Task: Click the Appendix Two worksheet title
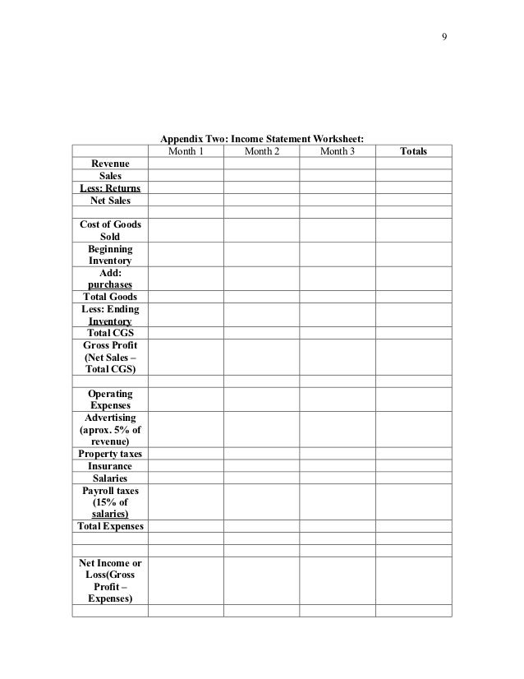(262, 138)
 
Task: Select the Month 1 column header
(186, 151)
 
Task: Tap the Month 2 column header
(261, 151)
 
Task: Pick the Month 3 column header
(337, 151)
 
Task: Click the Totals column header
(413, 151)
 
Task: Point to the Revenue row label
(110, 164)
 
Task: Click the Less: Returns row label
(110, 187)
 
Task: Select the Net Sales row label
(110, 200)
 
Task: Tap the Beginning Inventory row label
(110, 255)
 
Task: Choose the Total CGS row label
(110, 333)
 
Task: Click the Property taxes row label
(110, 454)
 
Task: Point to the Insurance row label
(110, 466)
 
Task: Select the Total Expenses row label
(110, 526)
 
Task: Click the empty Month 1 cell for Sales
(186, 176)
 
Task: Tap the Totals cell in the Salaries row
(413, 478)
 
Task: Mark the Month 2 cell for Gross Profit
(261, 358)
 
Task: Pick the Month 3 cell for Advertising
(337, 429)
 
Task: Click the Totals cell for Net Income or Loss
(413, 580)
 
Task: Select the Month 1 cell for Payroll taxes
(186, 501)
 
